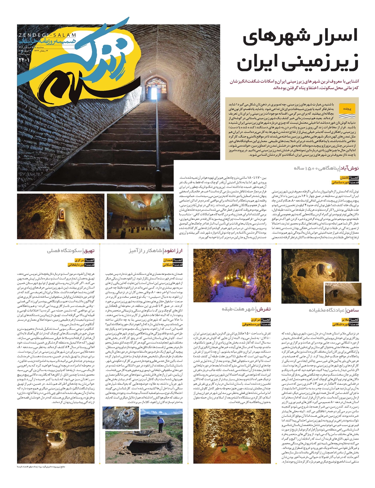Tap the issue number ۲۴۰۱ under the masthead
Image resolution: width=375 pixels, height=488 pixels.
(x=23, y=59)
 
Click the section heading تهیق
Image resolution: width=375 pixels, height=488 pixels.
(x=89, y=251)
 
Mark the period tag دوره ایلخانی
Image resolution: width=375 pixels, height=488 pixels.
(x=77, y=265)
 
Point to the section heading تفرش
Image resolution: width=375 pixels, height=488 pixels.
(x=264, y=309)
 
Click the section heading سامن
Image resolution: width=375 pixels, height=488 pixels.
(x=352, y=310)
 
